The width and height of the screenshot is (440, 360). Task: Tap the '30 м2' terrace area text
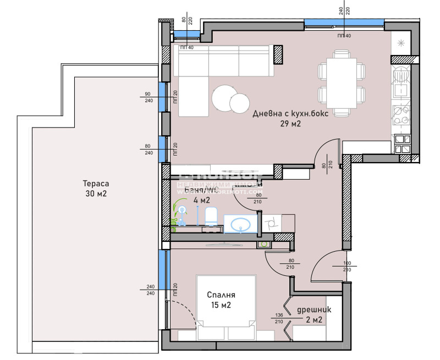pos(96,194)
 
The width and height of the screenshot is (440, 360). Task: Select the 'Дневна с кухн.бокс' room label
pos(284,114)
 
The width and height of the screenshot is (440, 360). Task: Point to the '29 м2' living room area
pos(290,124)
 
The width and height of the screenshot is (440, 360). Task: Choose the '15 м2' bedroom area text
pos(220,305)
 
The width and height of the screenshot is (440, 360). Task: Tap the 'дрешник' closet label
pos(311,309)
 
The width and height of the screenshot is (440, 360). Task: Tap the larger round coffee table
pos(224,98)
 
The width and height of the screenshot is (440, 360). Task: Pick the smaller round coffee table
pos(240,103)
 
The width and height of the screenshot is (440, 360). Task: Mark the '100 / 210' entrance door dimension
pos(346,267)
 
